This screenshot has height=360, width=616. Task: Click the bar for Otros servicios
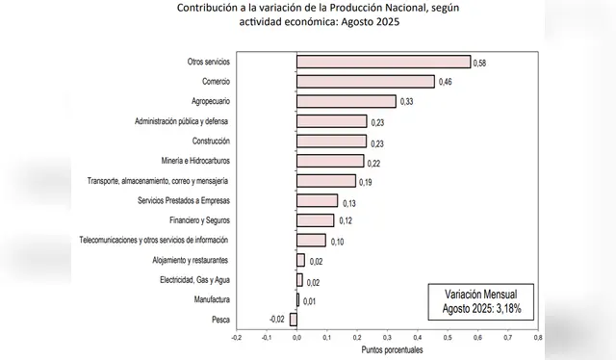(383, 62)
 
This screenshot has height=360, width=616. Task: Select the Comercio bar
(365, 82)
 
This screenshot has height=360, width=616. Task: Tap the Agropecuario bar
(346, 101)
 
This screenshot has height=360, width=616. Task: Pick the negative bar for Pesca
(294, 320)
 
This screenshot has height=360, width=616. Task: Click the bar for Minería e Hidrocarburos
(329, 161)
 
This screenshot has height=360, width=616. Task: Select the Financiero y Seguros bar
(315, 220)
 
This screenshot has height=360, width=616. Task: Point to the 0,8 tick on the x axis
(536, 338)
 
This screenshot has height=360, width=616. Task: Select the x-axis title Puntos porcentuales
(387, 350)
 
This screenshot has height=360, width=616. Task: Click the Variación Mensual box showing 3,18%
(481, 300)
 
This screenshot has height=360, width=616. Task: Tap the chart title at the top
(307, 14)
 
